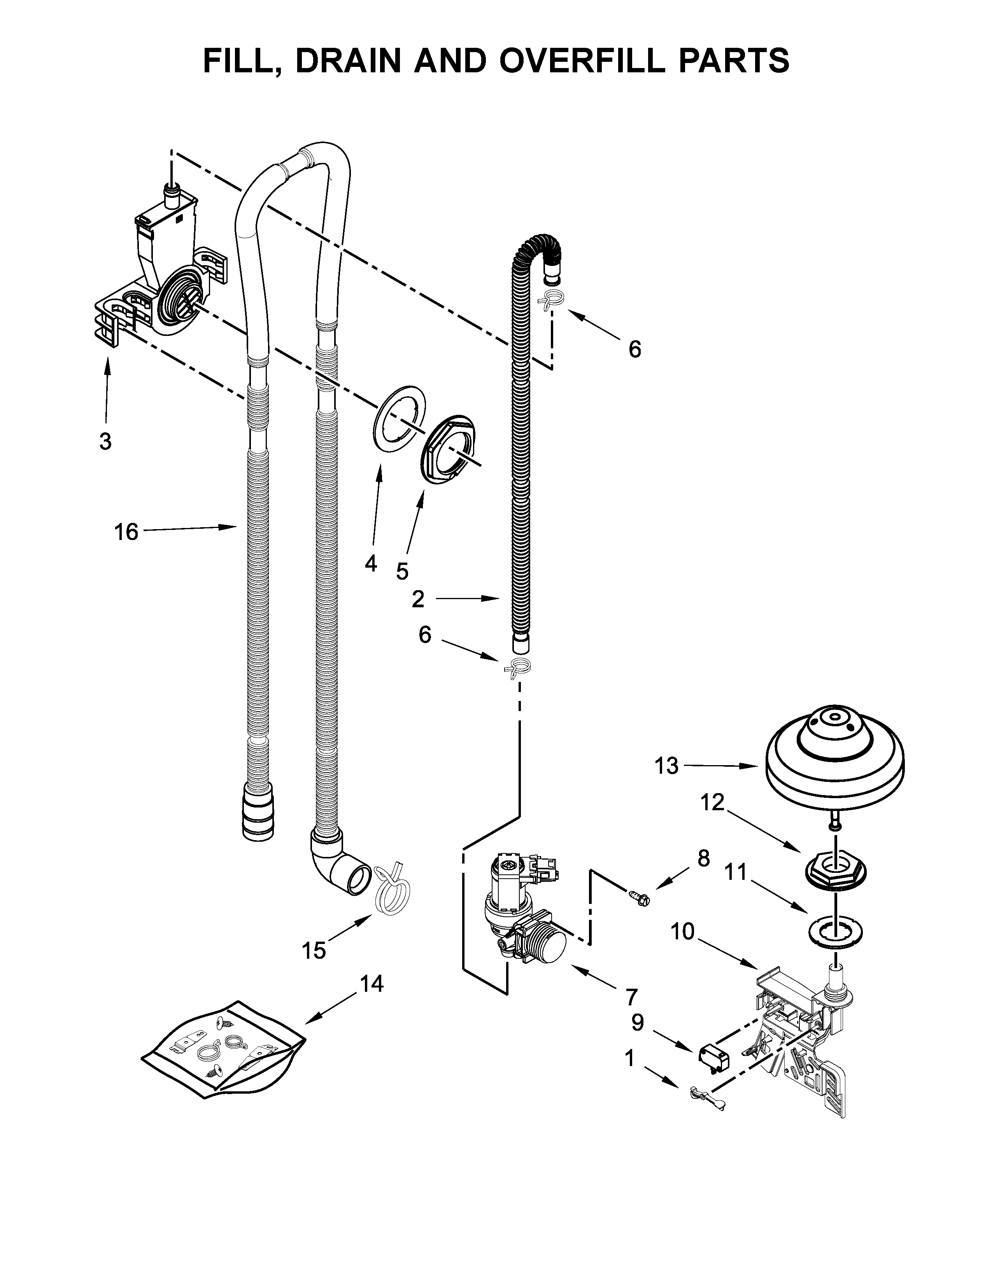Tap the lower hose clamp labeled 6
[518, 666]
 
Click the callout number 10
[682, 931]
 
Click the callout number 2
[418, 599]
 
